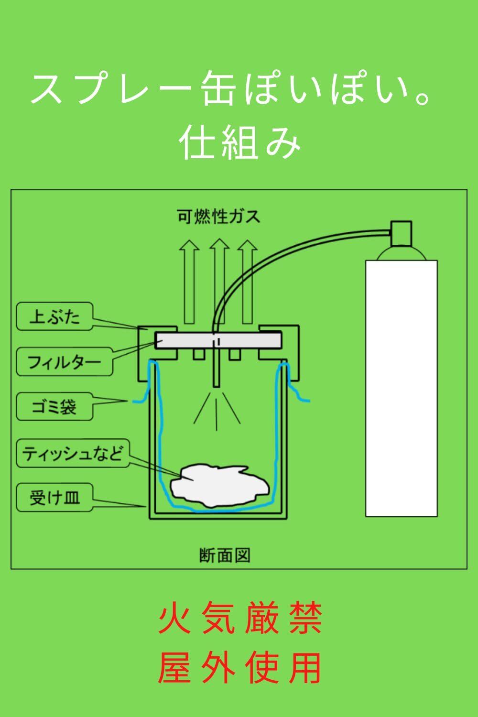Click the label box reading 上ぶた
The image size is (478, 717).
[x=54, y=316]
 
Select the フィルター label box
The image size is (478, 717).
[x=65, y=361]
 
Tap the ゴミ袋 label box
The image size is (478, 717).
[x=54, y=407]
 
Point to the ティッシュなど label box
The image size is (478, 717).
[x=73, y=453]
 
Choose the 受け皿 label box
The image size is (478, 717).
[x=54, y=498]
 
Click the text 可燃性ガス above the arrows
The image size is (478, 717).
[x=218, y=217]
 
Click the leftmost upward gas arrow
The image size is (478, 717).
[x=190, y=282]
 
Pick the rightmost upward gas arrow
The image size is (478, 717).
[x=247, y=282]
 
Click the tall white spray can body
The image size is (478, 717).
[x=402, y=387]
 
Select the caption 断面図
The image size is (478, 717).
[x=225, y=555]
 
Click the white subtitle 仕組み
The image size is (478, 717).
[x=240, y=143]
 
